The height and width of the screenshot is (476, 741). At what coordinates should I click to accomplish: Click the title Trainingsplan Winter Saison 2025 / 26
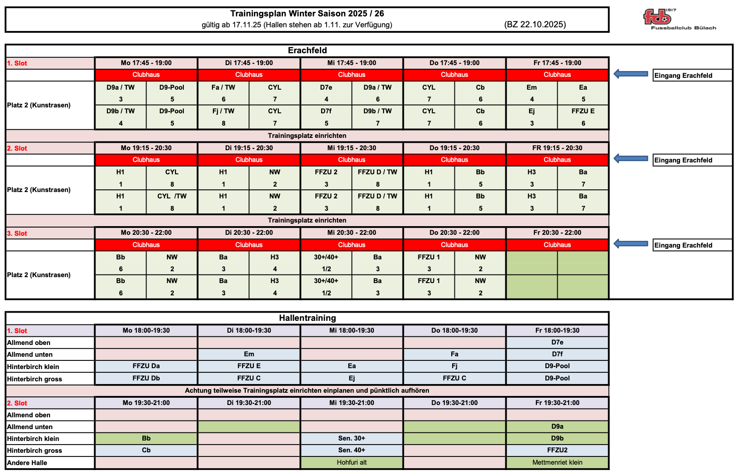coord(307,14)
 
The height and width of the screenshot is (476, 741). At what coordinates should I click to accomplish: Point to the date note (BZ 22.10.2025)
coord(535,25)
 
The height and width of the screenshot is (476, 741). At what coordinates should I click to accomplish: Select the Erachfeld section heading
coord(307,51)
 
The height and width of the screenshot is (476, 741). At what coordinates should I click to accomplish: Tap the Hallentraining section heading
coord(307,318)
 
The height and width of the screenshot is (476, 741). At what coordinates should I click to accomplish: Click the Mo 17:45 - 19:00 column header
coord(146,63)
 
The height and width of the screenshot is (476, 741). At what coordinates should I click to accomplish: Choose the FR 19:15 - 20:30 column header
coord(557,148)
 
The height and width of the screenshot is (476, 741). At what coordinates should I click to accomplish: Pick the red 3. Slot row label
coord(17,233)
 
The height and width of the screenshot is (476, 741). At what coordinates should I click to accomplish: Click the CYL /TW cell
coord(172,196)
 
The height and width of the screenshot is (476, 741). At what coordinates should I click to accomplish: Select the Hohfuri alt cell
coord(352,462)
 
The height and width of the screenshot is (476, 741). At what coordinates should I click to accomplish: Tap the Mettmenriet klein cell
coord(557,462)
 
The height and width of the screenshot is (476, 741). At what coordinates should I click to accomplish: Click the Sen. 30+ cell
coord(352,438)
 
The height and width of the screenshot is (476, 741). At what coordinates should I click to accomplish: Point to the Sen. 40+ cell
coord(352,450)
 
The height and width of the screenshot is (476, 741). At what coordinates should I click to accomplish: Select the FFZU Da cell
coord(146,366)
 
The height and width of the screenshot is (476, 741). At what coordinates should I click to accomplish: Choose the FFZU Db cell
coord(146,378)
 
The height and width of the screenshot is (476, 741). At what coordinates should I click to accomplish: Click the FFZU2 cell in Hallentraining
coord(557,450)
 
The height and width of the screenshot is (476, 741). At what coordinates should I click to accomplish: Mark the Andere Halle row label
coord(27,463)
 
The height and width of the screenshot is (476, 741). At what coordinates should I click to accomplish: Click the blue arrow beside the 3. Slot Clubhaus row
coord(631,244)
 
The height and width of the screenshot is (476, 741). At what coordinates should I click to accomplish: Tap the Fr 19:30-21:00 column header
coord(557,403)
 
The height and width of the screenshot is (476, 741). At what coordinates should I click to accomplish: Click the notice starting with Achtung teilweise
coord(307,390)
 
